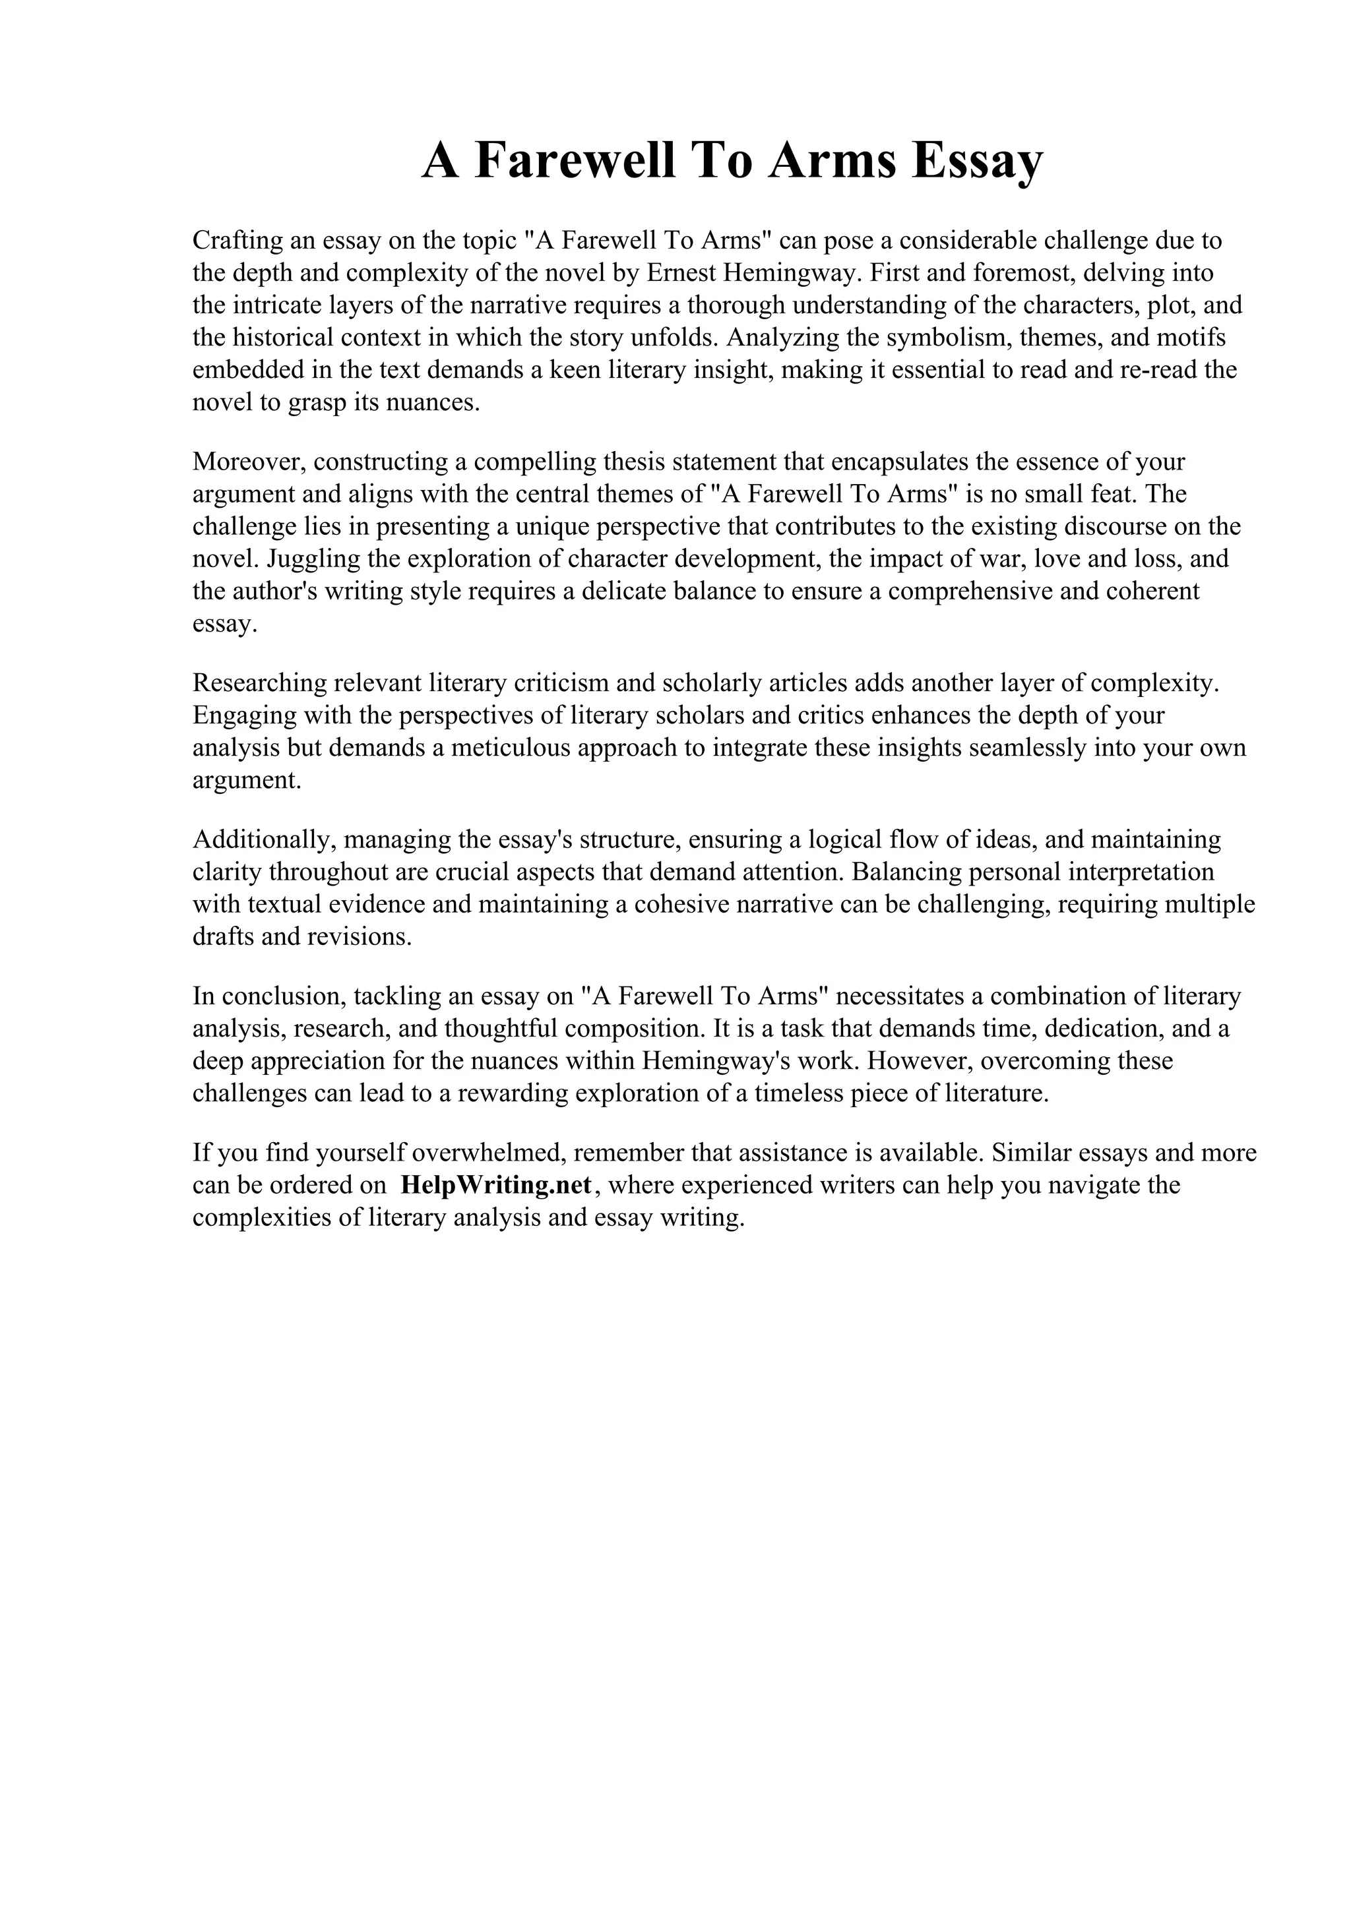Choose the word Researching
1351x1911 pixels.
click(x=259, y=683)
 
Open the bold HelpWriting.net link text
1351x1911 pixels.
click(x=496, y=1185)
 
